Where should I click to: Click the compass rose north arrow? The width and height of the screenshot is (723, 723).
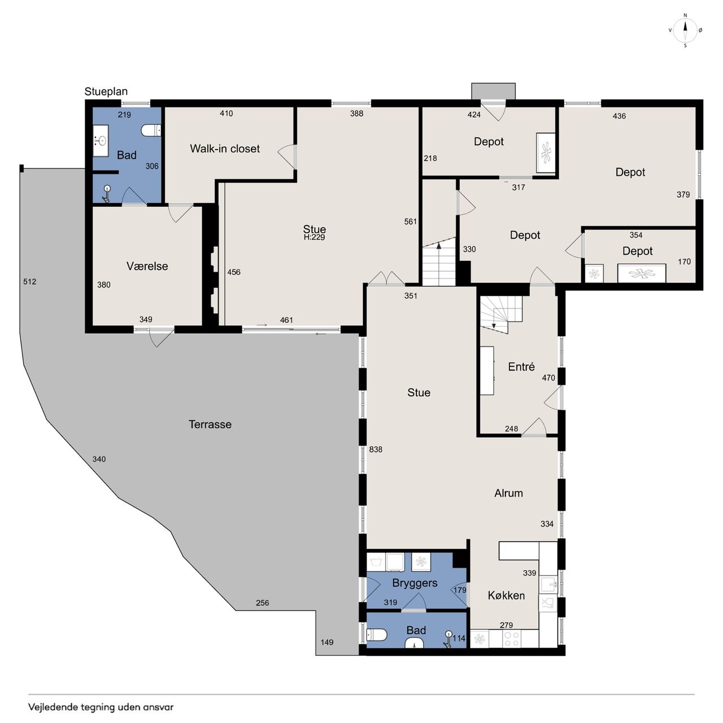(x=685, y=30)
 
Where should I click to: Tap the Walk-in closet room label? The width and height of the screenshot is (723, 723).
(x=225, y=149)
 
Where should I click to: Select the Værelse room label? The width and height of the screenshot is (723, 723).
(x=147, y=266)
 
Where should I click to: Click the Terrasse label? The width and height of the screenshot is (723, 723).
(x=210, y=424)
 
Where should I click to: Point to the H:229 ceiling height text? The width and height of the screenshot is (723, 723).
(x=315, y=237)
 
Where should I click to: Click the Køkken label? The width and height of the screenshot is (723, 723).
(x=506, y=595)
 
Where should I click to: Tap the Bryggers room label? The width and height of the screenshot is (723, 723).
(x=415, y=583)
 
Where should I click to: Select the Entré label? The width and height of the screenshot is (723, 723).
(x=521, y=367)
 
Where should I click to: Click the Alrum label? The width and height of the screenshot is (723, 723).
(x=508, y=493)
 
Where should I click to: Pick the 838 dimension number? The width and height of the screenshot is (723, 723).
(x=376, y=450)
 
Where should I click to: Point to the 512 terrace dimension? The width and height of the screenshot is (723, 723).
(x=29, y=281)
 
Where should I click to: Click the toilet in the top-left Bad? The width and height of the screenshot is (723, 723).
(x=151, y=130)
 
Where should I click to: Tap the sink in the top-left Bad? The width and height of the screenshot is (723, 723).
(x=101, y=141)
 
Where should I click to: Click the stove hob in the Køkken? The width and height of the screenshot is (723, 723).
(x=513, y=639)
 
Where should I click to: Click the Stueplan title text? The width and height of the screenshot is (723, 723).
(x=106, y=92)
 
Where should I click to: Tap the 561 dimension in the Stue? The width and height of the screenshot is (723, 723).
(x=411, y=222)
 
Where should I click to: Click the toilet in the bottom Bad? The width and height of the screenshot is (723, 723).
(x=377, y=635)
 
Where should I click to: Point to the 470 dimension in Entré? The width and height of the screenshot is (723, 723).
(x=548, y=378)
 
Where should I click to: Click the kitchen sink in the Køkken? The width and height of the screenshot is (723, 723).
(x=548, y=585)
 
